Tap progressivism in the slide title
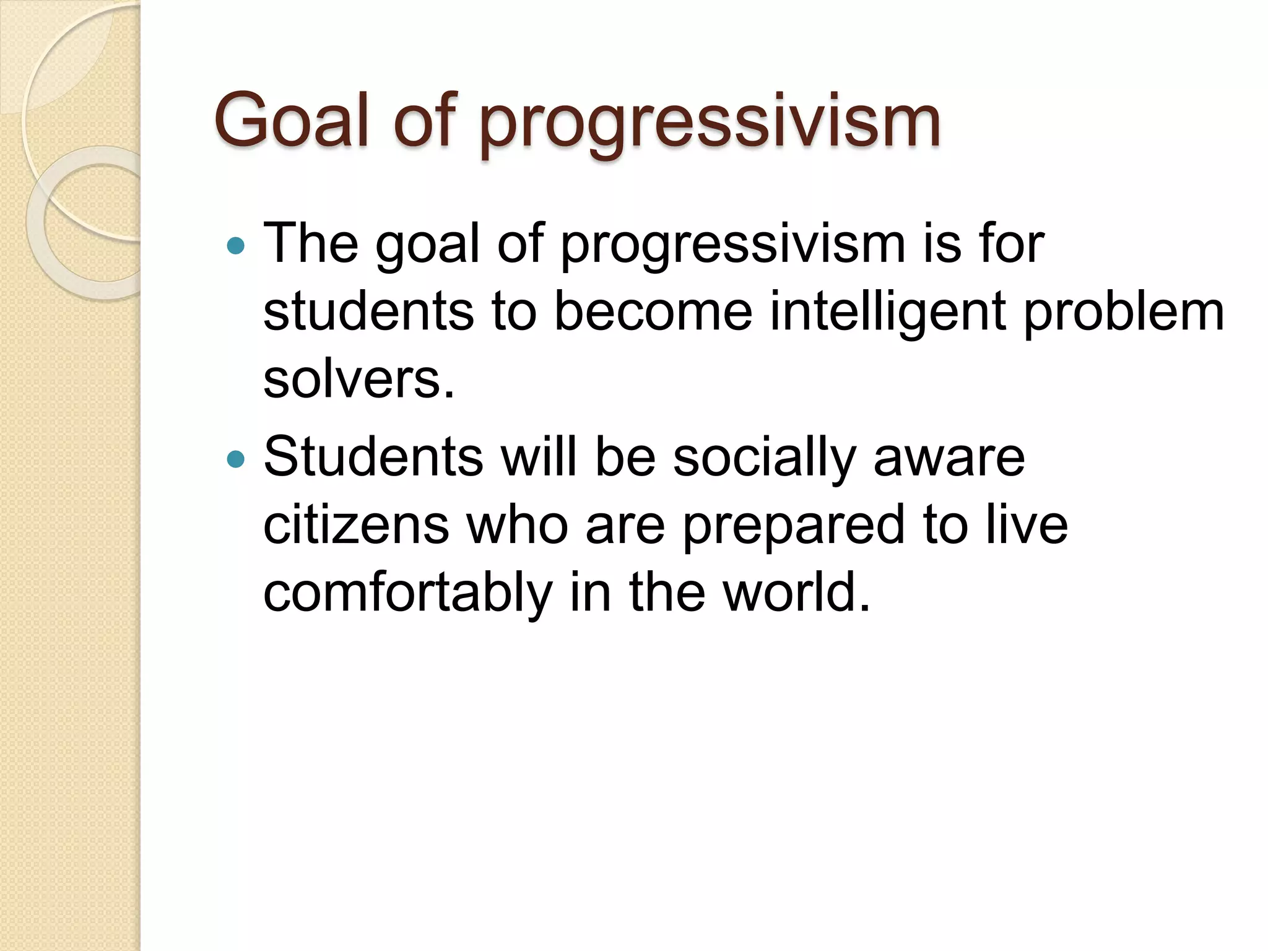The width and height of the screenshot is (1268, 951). click(x=710, y=124)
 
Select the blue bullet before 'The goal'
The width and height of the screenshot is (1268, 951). click(x=236, y=246)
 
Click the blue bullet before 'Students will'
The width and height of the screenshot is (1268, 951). click(x=236, y=459)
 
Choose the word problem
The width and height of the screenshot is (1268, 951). click(x=1123, y=312)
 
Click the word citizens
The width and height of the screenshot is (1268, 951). click(x=356, y=525)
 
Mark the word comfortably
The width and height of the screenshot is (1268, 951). click(x=407, y=593)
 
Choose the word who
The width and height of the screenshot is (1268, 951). click(x=517, y=525)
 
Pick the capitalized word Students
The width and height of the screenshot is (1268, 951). click(x=373, y=458)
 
